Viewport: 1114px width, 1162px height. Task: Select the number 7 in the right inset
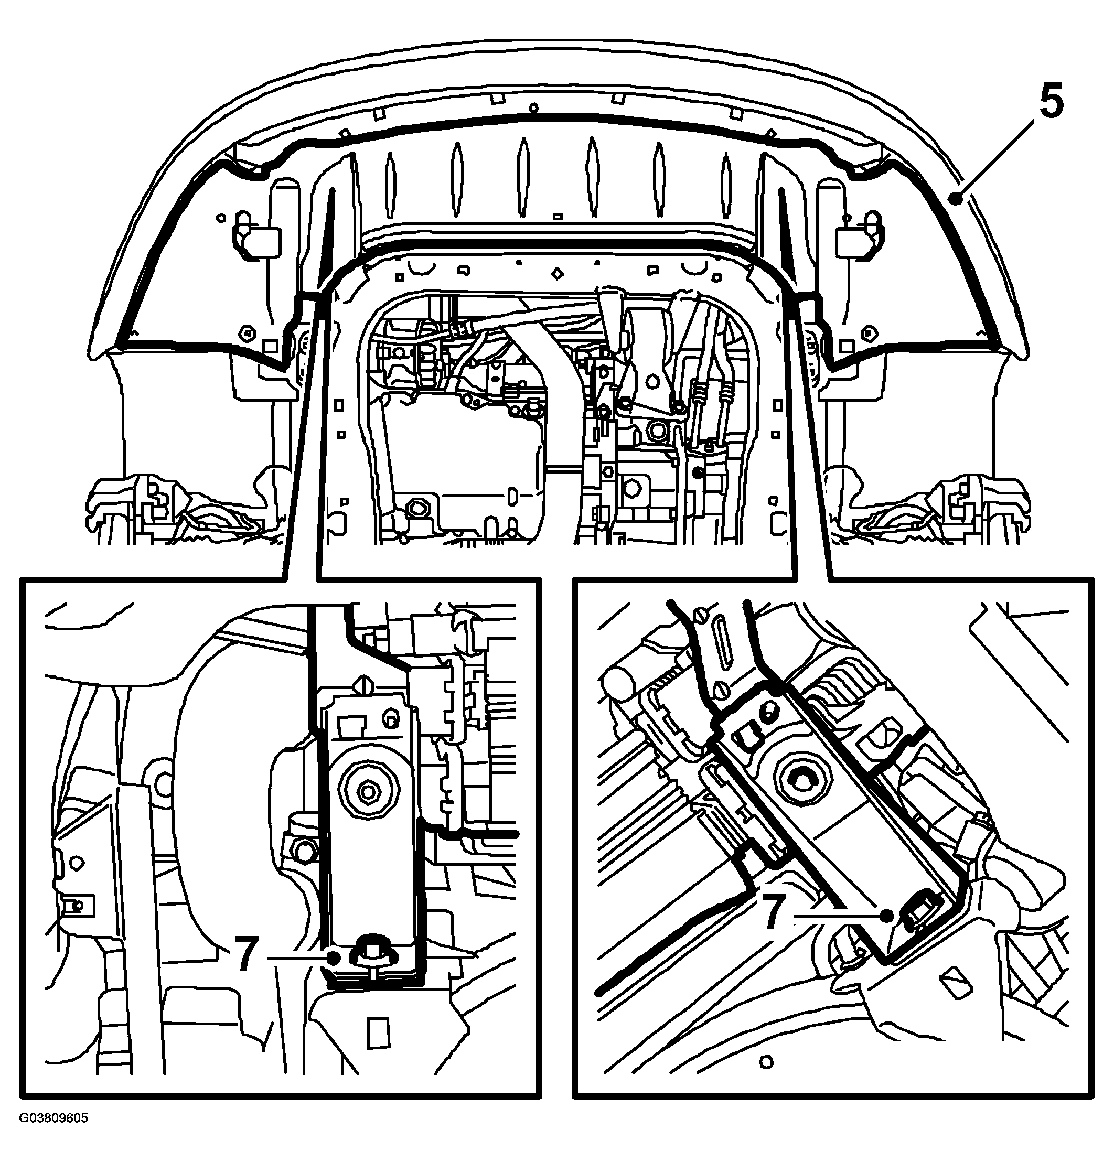pyautogui.click(x=774, y=912)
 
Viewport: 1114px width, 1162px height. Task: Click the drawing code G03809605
pyautogui.click(x=53, y=1135)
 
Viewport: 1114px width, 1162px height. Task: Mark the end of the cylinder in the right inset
pyautogui.click(x=620, y=681)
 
